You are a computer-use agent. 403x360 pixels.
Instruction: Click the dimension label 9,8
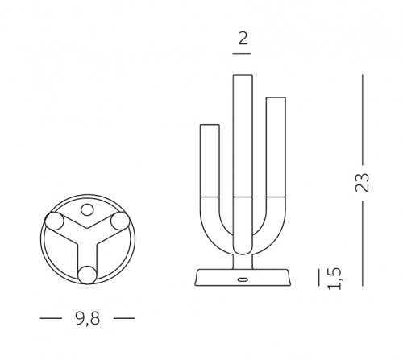coord(88,318)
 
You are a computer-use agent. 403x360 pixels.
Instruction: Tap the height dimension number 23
coord(362,183)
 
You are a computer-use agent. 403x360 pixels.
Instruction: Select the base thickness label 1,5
coord(334,279)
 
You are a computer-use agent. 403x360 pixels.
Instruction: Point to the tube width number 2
coord(243,39)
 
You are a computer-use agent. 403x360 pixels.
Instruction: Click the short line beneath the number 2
coord(242,54)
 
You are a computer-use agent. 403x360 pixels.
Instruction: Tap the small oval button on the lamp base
coord(243,279)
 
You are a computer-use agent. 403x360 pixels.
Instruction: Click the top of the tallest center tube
coord(243,76)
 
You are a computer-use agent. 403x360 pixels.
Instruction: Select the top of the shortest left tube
coord(210,125)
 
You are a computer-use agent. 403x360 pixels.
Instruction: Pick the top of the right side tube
coord(276,98)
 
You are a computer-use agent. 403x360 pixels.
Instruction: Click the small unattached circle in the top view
coord(87,209)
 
